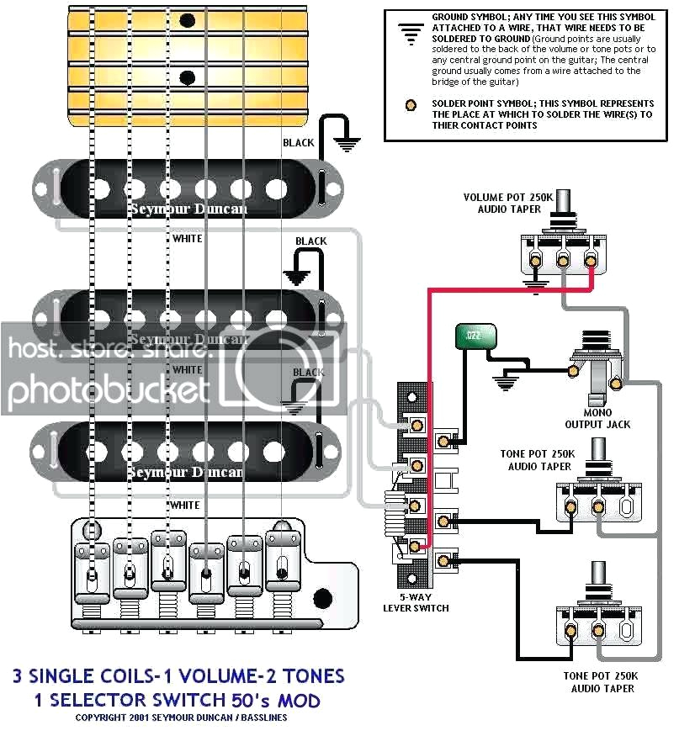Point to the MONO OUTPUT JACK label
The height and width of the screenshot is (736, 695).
pos(609,419)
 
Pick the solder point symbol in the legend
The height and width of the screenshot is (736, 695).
pos(410,106)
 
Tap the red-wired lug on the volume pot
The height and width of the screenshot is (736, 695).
pos(591,261)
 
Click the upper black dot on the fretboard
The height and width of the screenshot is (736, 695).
pos(188,20)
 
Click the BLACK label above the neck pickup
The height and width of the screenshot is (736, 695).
pos(299,143)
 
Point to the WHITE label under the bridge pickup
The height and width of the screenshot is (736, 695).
pos(185,506)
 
